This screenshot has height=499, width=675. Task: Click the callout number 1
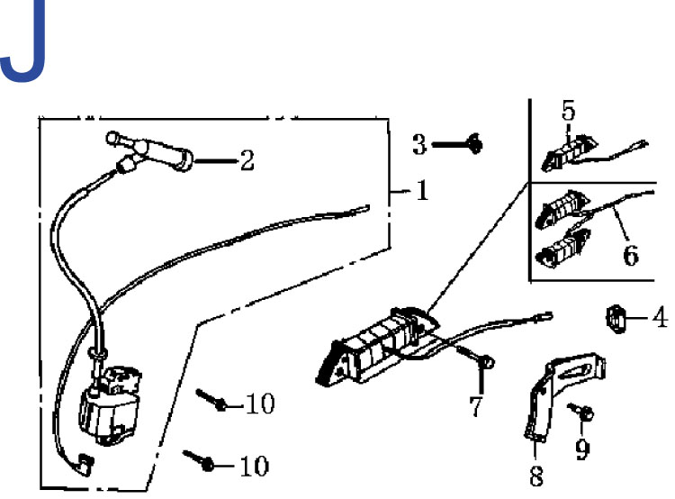422,190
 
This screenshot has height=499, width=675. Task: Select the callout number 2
246,161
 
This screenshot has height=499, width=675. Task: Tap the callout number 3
419,143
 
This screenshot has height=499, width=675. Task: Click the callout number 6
631,255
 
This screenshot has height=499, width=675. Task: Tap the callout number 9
582,447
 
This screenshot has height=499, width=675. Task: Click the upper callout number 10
259,404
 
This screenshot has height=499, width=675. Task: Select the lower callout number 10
255,466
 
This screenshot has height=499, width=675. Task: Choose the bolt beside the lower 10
202,460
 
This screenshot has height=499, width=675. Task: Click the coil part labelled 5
566,150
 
